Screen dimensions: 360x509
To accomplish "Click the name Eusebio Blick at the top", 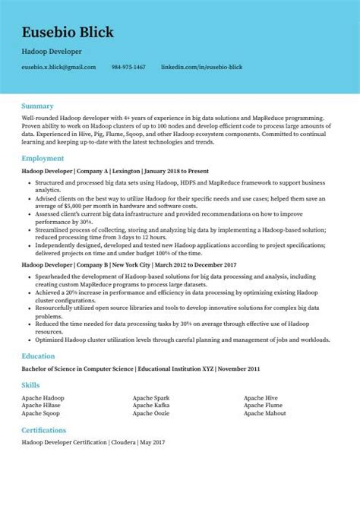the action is [x=68, y=32].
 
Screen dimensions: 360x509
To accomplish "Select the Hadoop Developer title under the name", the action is [x=52, y=52].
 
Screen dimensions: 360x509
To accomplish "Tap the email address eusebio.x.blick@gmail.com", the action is [x=58, y=67].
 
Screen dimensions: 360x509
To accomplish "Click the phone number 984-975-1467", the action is [x=128, y=67].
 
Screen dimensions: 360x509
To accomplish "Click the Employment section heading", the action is [x=43, y=158].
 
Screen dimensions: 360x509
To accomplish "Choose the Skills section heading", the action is [x=31, y=386].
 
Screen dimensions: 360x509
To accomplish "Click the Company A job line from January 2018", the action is [x=115, y=171].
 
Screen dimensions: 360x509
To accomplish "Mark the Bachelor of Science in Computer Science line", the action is [x=141, y=368].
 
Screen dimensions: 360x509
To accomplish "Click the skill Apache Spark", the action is [x=151, y=398].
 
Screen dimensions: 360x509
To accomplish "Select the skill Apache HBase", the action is [x=41, y=406].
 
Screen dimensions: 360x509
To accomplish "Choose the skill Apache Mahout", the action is [x=265, y=413].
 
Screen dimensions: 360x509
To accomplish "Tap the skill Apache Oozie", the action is [x=150, y=413].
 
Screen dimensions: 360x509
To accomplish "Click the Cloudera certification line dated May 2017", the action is [x=93, y=441].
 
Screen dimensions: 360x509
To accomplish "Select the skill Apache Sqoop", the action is [x=42, y=413].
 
